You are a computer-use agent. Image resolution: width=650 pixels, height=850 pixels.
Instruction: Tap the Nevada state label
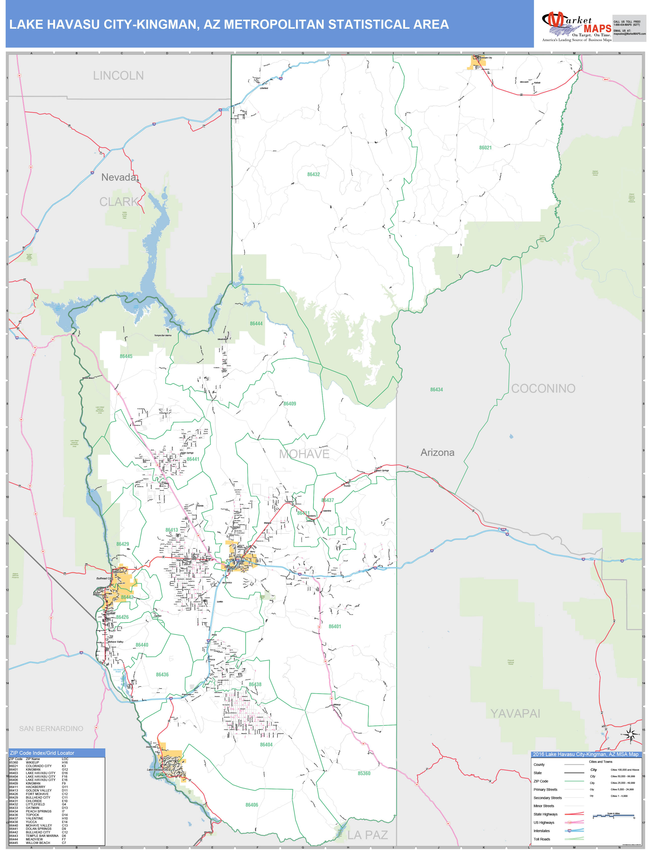click(x=119, y=177)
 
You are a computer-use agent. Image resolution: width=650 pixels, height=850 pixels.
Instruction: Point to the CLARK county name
click(x=118, y=202)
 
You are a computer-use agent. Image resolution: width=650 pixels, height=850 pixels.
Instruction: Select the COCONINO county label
click(x=543, y=388)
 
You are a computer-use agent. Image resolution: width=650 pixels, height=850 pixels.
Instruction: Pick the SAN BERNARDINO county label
click(x=51, y=729)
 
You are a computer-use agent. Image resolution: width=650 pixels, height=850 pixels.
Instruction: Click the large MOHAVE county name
click(x=304, y=454)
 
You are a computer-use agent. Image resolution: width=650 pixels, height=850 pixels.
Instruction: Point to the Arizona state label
click(x=437, y=452)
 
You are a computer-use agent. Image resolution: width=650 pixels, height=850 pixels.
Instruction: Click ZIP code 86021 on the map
click(x=485, y=148)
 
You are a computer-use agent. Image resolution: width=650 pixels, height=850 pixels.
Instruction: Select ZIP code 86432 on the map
click(x=313, y=174)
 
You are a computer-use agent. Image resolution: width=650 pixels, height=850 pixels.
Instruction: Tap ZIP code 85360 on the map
click(x=364, y=773)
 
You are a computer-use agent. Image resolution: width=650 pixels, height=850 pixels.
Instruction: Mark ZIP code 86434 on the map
click(x=437, y=390)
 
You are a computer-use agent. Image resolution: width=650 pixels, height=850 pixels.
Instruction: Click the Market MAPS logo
click(x=576, y=26)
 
